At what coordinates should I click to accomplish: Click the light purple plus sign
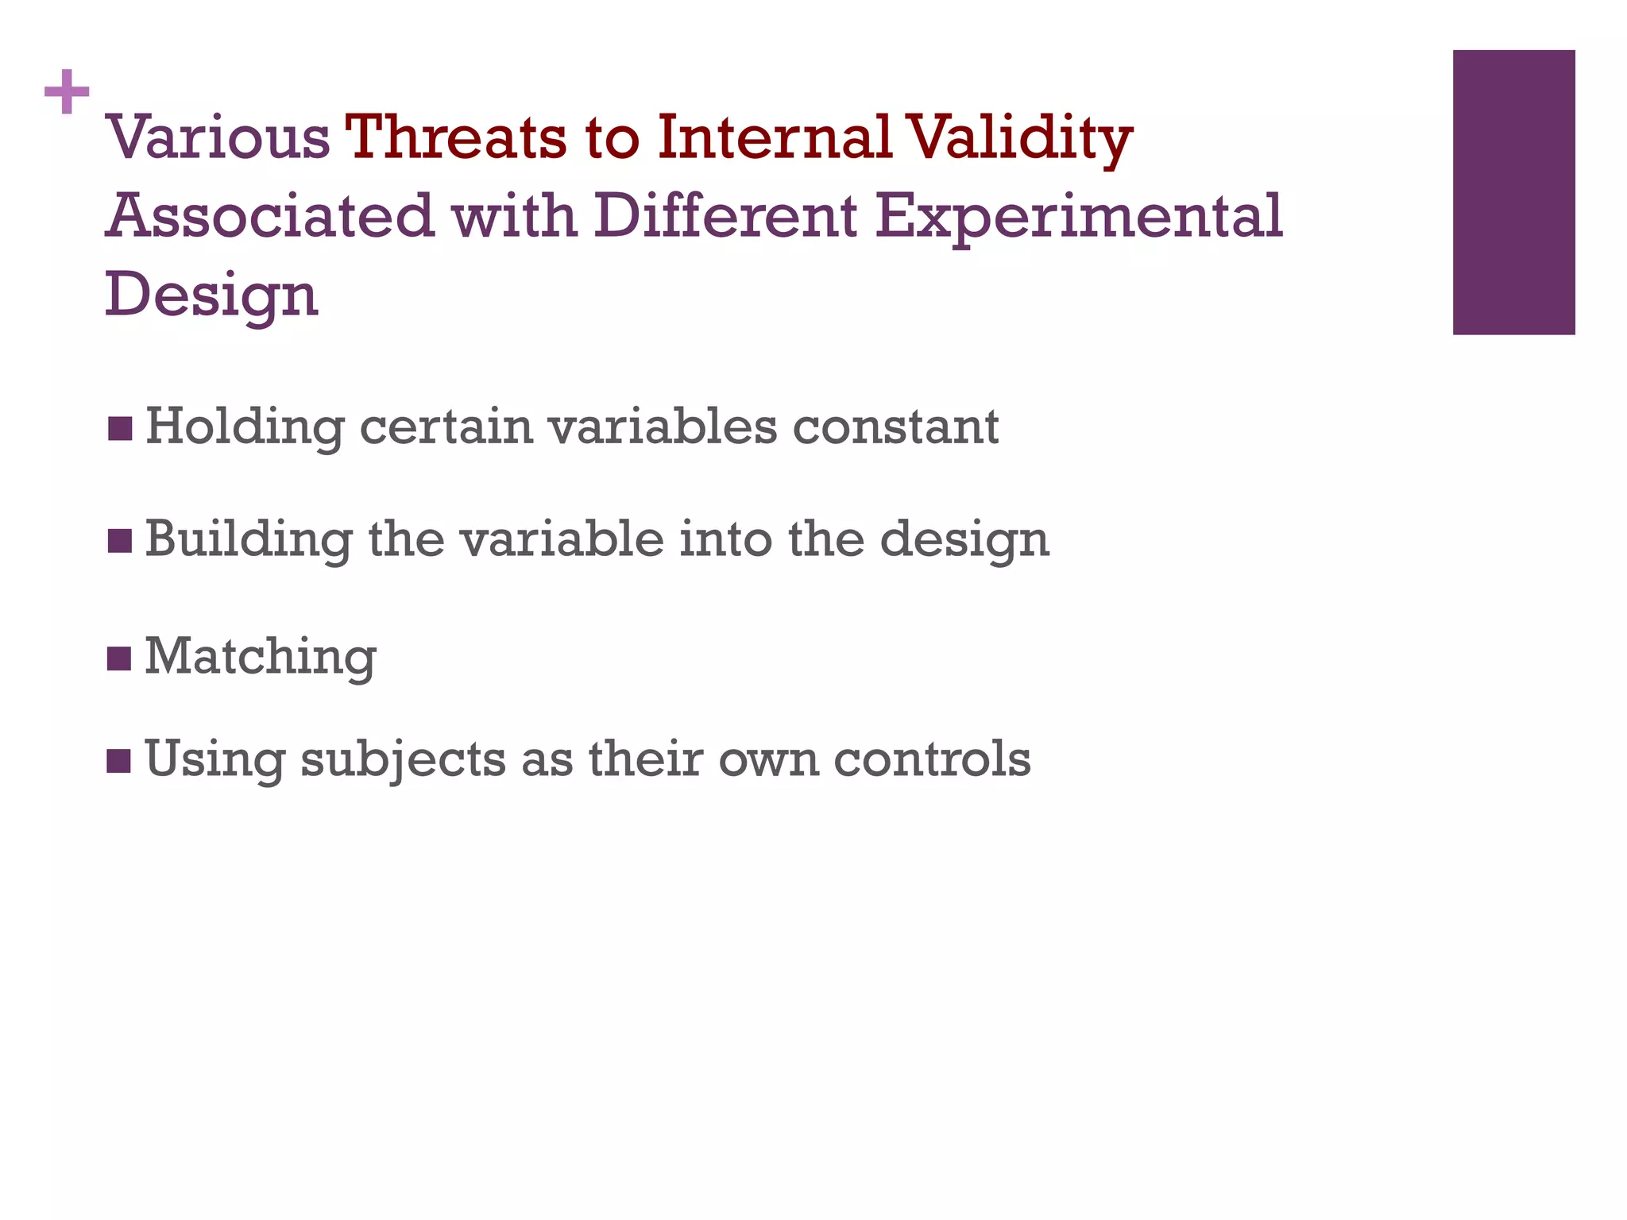[x=67, y=92]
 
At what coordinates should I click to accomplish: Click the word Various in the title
[x=218, y=137]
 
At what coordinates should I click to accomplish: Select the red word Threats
[x=456, y=137]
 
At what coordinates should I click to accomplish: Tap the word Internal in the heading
[x=775, y=137]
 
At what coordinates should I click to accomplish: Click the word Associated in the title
[x=270, y=216]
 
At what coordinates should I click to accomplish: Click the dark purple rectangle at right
[x=1513, y=192]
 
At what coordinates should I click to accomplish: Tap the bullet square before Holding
[x=119, y=429]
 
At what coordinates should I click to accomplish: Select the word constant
[x=895, y=427]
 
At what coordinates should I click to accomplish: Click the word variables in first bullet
[x=663, y=427]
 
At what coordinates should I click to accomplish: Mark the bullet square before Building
[x=119, y=542]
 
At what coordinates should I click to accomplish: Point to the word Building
[x=249, y=540]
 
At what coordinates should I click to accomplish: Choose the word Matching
[x=260, y=658]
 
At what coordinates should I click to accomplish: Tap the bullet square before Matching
[x=119, y=658]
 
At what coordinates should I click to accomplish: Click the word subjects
[x=403, y=760]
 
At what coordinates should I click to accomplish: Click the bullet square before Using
[x=119, y=760]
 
